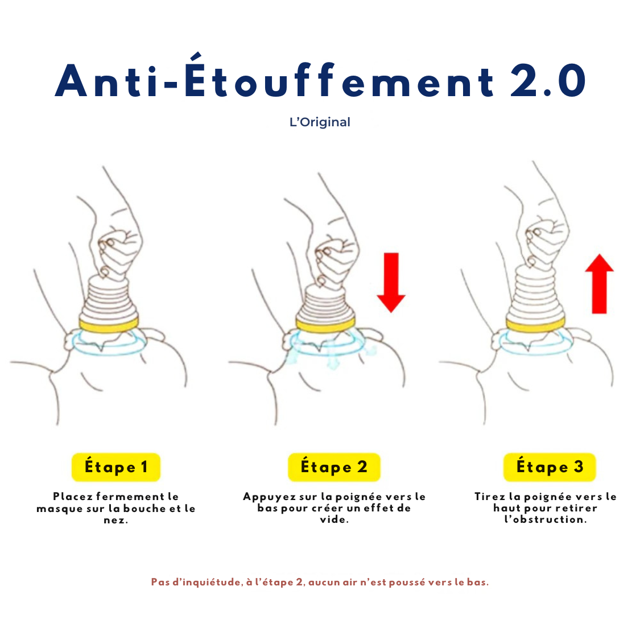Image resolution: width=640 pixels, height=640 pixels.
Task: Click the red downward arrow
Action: [391, 282]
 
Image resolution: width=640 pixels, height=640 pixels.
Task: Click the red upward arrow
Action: [599, 284]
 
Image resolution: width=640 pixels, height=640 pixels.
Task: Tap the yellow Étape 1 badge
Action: [116, 467]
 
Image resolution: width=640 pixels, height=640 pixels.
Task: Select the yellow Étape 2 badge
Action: [334, 467]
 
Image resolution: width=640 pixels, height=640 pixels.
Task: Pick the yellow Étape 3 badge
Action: [550, 467]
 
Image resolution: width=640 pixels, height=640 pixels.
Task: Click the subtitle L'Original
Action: [320, 122]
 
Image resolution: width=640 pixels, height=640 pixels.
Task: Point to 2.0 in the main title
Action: [548, 81]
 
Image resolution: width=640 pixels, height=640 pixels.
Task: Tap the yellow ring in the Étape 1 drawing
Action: [109, 325]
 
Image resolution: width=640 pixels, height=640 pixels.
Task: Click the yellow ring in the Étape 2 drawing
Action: [326, 325]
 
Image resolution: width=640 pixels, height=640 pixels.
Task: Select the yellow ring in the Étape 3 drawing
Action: [536, 324]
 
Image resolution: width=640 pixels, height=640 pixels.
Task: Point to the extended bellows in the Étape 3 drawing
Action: [535, 292]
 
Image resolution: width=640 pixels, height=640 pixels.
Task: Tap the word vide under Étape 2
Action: [334, 519]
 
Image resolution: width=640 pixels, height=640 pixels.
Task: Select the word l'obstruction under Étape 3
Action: [546, 519]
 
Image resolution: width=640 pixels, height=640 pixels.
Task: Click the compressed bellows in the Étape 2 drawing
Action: [326, 302]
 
